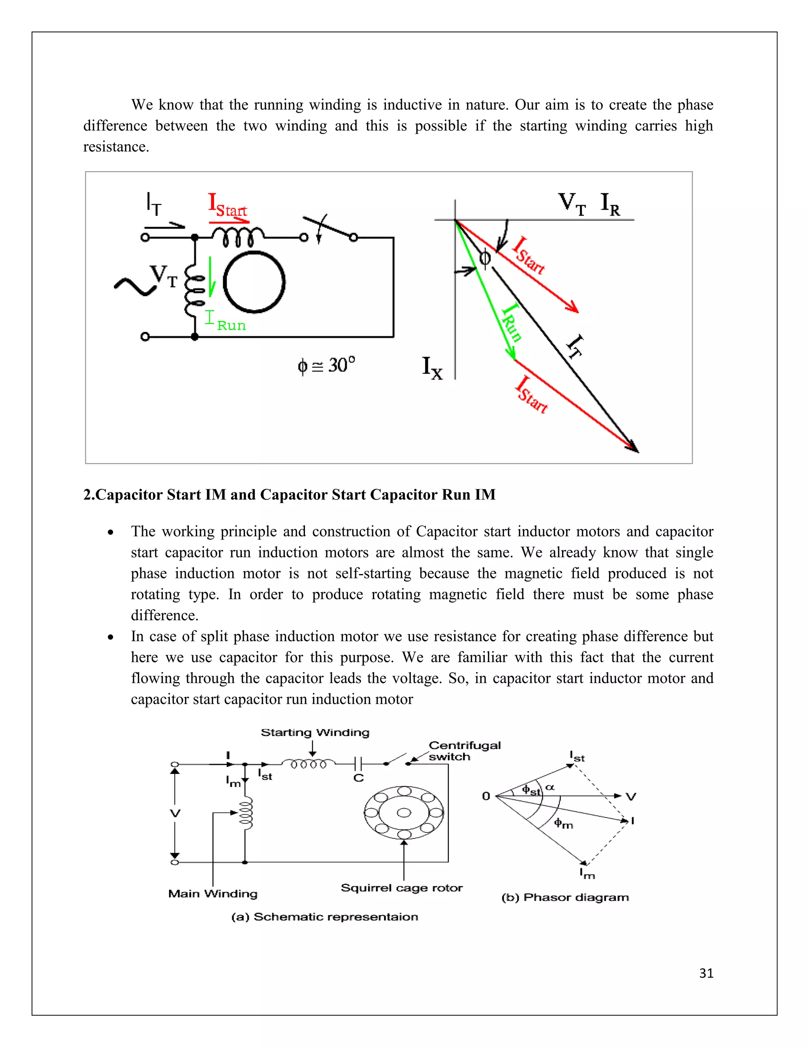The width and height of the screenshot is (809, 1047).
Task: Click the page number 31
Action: click(x=706, y=973)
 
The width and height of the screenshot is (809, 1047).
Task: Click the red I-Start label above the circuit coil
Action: click(x=227, y=205)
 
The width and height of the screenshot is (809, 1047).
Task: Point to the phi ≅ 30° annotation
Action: click(x=326, y=365)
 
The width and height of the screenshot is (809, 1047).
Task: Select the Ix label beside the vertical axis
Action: click(x=432, y=368)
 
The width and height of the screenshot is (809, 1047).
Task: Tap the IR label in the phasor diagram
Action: click(x=610, y=204)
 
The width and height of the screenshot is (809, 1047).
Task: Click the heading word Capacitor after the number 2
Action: click(x=128, y=494)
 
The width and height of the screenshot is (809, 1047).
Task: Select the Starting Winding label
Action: click(x=315, y=733)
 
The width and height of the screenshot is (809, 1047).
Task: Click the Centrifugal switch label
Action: click(x=463, y=751)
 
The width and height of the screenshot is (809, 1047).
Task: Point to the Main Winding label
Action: click(x=213, y=894)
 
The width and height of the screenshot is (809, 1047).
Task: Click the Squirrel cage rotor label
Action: click(x=402, y=888)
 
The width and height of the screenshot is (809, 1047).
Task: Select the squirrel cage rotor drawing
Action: click(x=404, y=813)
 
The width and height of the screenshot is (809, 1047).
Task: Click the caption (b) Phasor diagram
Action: click(x=565, y=897)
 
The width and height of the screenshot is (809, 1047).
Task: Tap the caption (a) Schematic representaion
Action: click(x=324, y=917)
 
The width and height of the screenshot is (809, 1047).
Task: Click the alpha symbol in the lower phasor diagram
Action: click(x=550, y=787)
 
